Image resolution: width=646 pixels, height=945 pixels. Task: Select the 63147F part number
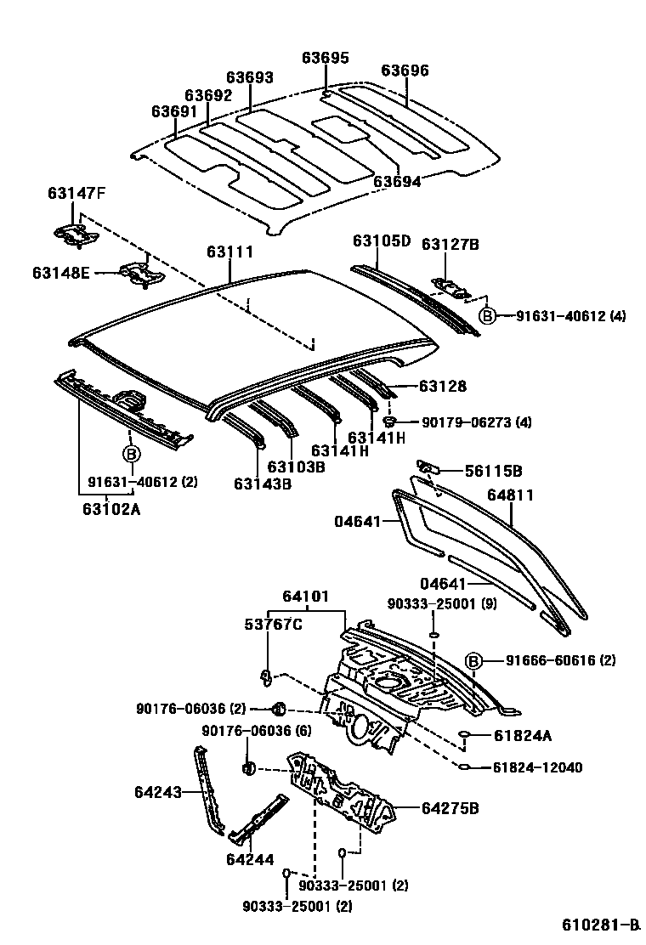click(x=76, y=194)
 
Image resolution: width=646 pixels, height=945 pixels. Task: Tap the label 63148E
click(x=62, y=273)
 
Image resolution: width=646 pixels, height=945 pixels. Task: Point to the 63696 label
click(x=405, y=71)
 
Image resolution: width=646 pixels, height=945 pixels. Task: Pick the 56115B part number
click(x=493, y=471)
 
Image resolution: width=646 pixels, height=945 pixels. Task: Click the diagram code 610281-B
click(x=600, y=925)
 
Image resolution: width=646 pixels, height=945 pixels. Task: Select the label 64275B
click(x=450, y=807)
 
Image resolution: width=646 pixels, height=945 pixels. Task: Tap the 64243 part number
click(x=157, y=792)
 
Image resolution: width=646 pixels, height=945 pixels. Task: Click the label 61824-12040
click(x=537, y=767)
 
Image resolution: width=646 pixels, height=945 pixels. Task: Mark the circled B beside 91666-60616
click(x=474, y=660)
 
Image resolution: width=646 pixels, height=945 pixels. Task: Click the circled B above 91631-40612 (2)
click(x=132, y=454)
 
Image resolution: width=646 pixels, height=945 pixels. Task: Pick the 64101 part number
click(x=305, y=597)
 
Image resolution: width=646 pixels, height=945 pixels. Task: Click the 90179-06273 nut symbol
click(x=390, y=421)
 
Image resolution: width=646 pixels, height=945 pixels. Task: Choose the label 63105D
click(x=382, y=241)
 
